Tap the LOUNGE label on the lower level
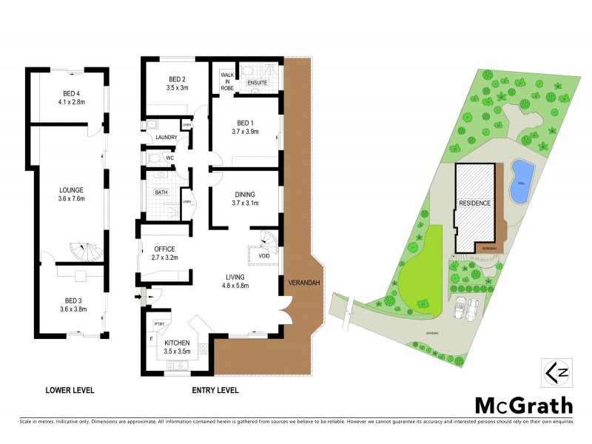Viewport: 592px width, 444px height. [71, 189]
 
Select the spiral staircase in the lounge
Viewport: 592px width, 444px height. [83, 252]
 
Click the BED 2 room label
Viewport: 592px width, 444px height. [176, 80]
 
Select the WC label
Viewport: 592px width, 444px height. [169, 158]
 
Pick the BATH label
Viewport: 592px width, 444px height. [161, 192]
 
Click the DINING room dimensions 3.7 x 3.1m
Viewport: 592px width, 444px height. [245, 203]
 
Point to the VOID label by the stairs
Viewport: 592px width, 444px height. [264, 256]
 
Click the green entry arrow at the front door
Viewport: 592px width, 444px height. [141, 297]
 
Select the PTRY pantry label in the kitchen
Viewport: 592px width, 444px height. [159, 324]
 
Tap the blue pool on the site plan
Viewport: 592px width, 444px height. [520, 181]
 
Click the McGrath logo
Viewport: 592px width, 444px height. [523, 405]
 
